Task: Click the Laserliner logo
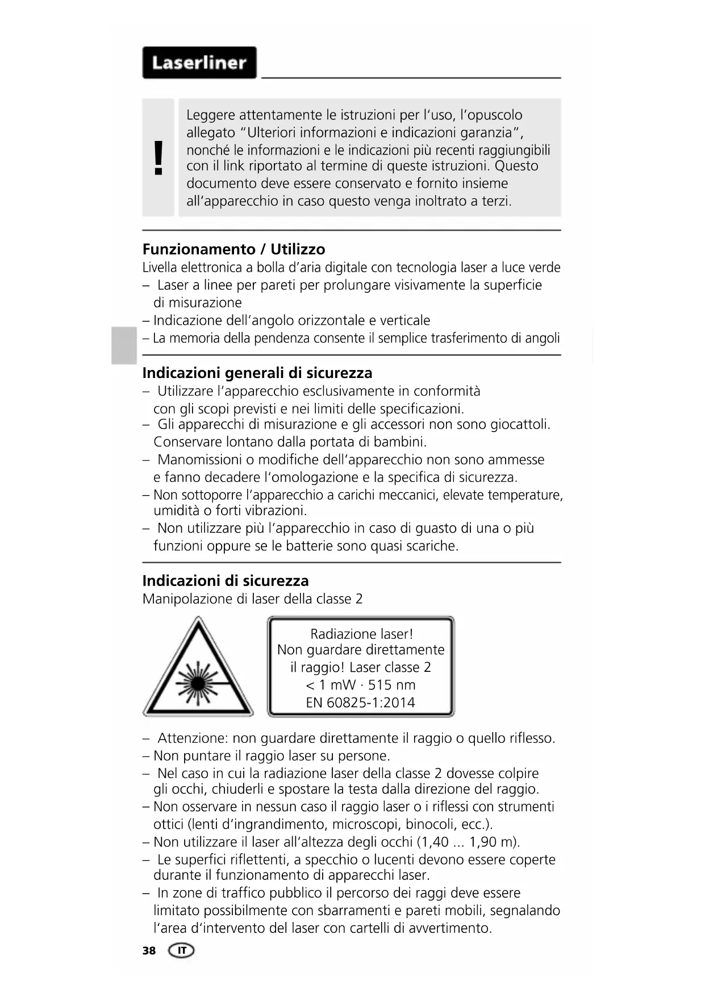coord(199,63)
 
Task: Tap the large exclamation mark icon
coord(158,157)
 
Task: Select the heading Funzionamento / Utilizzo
coord(233,250)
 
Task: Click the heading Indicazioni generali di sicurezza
coord(257,373)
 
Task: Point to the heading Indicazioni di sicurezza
coord(225,581)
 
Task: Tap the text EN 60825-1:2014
coord(360,703)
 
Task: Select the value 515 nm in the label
coord(391,685)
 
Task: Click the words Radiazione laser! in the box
coord(361,634)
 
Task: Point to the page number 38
coord(149,951)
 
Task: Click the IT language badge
coord(181,950)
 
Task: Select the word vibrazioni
coord(276,510)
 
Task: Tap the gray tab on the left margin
coord(124,345)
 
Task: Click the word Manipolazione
coord(187,599)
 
